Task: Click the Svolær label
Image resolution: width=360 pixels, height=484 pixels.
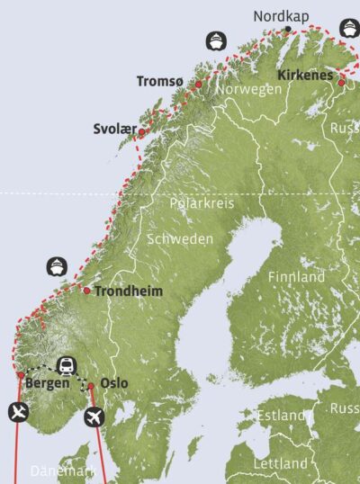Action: pos(114,130)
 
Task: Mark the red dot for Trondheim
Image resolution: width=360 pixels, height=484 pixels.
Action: pos(86,291)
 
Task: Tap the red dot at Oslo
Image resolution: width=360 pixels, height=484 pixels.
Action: pos(91,386)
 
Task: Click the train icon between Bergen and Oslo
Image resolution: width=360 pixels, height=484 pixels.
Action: pos(66,364)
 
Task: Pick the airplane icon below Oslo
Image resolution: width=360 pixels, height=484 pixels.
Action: pos(94,417)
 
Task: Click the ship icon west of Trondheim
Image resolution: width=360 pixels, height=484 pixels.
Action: pos(56,266)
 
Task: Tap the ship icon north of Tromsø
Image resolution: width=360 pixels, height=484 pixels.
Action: pos(215,40)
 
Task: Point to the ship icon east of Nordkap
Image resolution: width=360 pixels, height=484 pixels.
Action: pos(348,26)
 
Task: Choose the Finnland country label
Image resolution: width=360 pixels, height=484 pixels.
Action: pos(296,277)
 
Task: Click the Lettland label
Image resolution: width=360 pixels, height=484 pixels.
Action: pos(281,463)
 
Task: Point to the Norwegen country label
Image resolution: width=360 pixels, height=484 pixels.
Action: pos(250,90)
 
